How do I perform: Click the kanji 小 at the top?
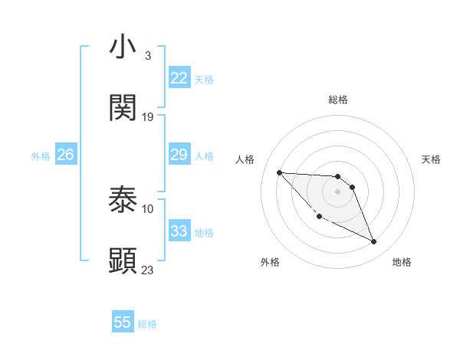click(123, 47)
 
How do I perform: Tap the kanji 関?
click(123, 108)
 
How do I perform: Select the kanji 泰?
click(123, 200)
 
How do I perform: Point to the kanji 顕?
click(123, 261)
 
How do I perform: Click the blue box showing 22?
click(179, 78)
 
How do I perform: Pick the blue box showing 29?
click(179, 155)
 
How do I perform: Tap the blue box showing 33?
click(179, 231)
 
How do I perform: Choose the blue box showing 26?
click(66, 155)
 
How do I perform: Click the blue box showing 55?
click(123, 322)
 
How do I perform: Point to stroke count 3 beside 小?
click(147, 55)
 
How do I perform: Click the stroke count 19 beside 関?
click(148, 116)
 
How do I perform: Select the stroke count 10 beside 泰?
click(148, 208)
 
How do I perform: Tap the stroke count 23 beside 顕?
click(148, 270)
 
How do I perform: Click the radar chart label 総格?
click(338, 100)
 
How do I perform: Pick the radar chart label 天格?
click(431, 159)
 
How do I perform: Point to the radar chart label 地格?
click(402, 262)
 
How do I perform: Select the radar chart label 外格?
click(270, 262)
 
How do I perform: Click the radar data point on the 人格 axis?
click(279, 172)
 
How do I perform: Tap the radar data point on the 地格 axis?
click(374, 242)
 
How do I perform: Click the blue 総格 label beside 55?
click(147, 324)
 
